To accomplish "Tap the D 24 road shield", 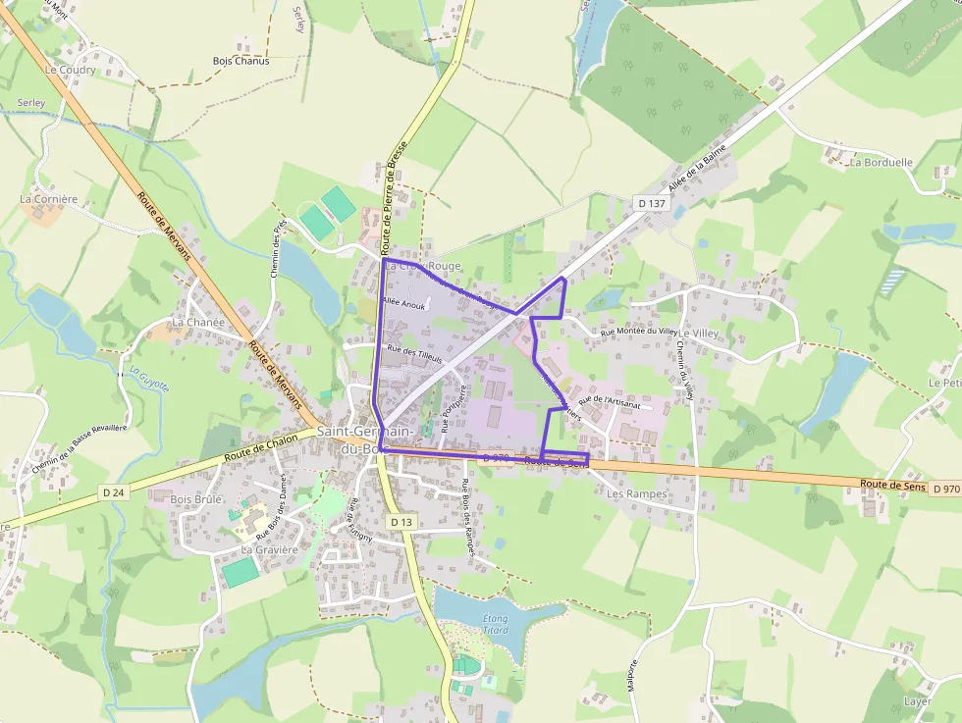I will tap(114, 491).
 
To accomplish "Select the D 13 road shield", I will tap(401, 523).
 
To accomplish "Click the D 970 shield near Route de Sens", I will tap(946, 489).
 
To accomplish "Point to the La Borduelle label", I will tap(882, 163).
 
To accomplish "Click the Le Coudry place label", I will tap(71, 71).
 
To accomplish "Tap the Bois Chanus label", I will tap(240, 61).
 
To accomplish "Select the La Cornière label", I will tap(48, 199).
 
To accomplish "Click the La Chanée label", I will tap(198, 322).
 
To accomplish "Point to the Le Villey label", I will tap(699, 334).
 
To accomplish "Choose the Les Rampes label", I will tap(637, 494).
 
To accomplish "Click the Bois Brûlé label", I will tap(196, 499).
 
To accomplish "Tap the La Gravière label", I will tap(269, 550).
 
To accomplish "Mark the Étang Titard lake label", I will tap(496, 623).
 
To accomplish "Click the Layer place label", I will tap(917, 702).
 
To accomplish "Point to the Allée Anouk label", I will tap(402, 305).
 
